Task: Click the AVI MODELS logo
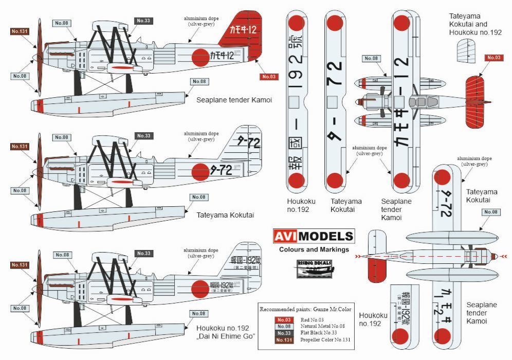313,237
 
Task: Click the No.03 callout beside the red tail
269,77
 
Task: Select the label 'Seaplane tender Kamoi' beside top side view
234,100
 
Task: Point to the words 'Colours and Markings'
314,250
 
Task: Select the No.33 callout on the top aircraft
143,21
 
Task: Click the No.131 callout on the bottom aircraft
19,265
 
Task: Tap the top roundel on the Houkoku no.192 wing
296,23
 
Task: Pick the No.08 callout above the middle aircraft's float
199,197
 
